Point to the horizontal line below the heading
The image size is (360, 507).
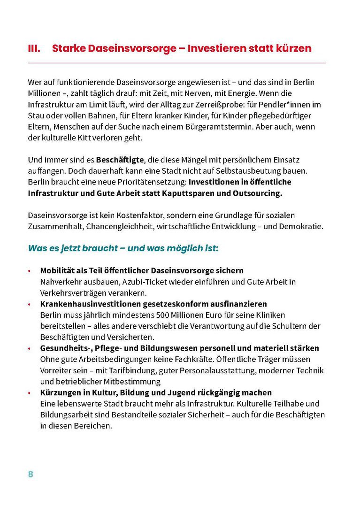(x=177, y=63)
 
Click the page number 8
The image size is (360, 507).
(x=31, y=474)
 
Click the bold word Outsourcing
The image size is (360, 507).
(x=258, y=193)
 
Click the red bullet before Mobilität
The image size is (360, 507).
(x=29, y=271)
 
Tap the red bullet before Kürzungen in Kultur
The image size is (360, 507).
(x=29, y=393)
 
